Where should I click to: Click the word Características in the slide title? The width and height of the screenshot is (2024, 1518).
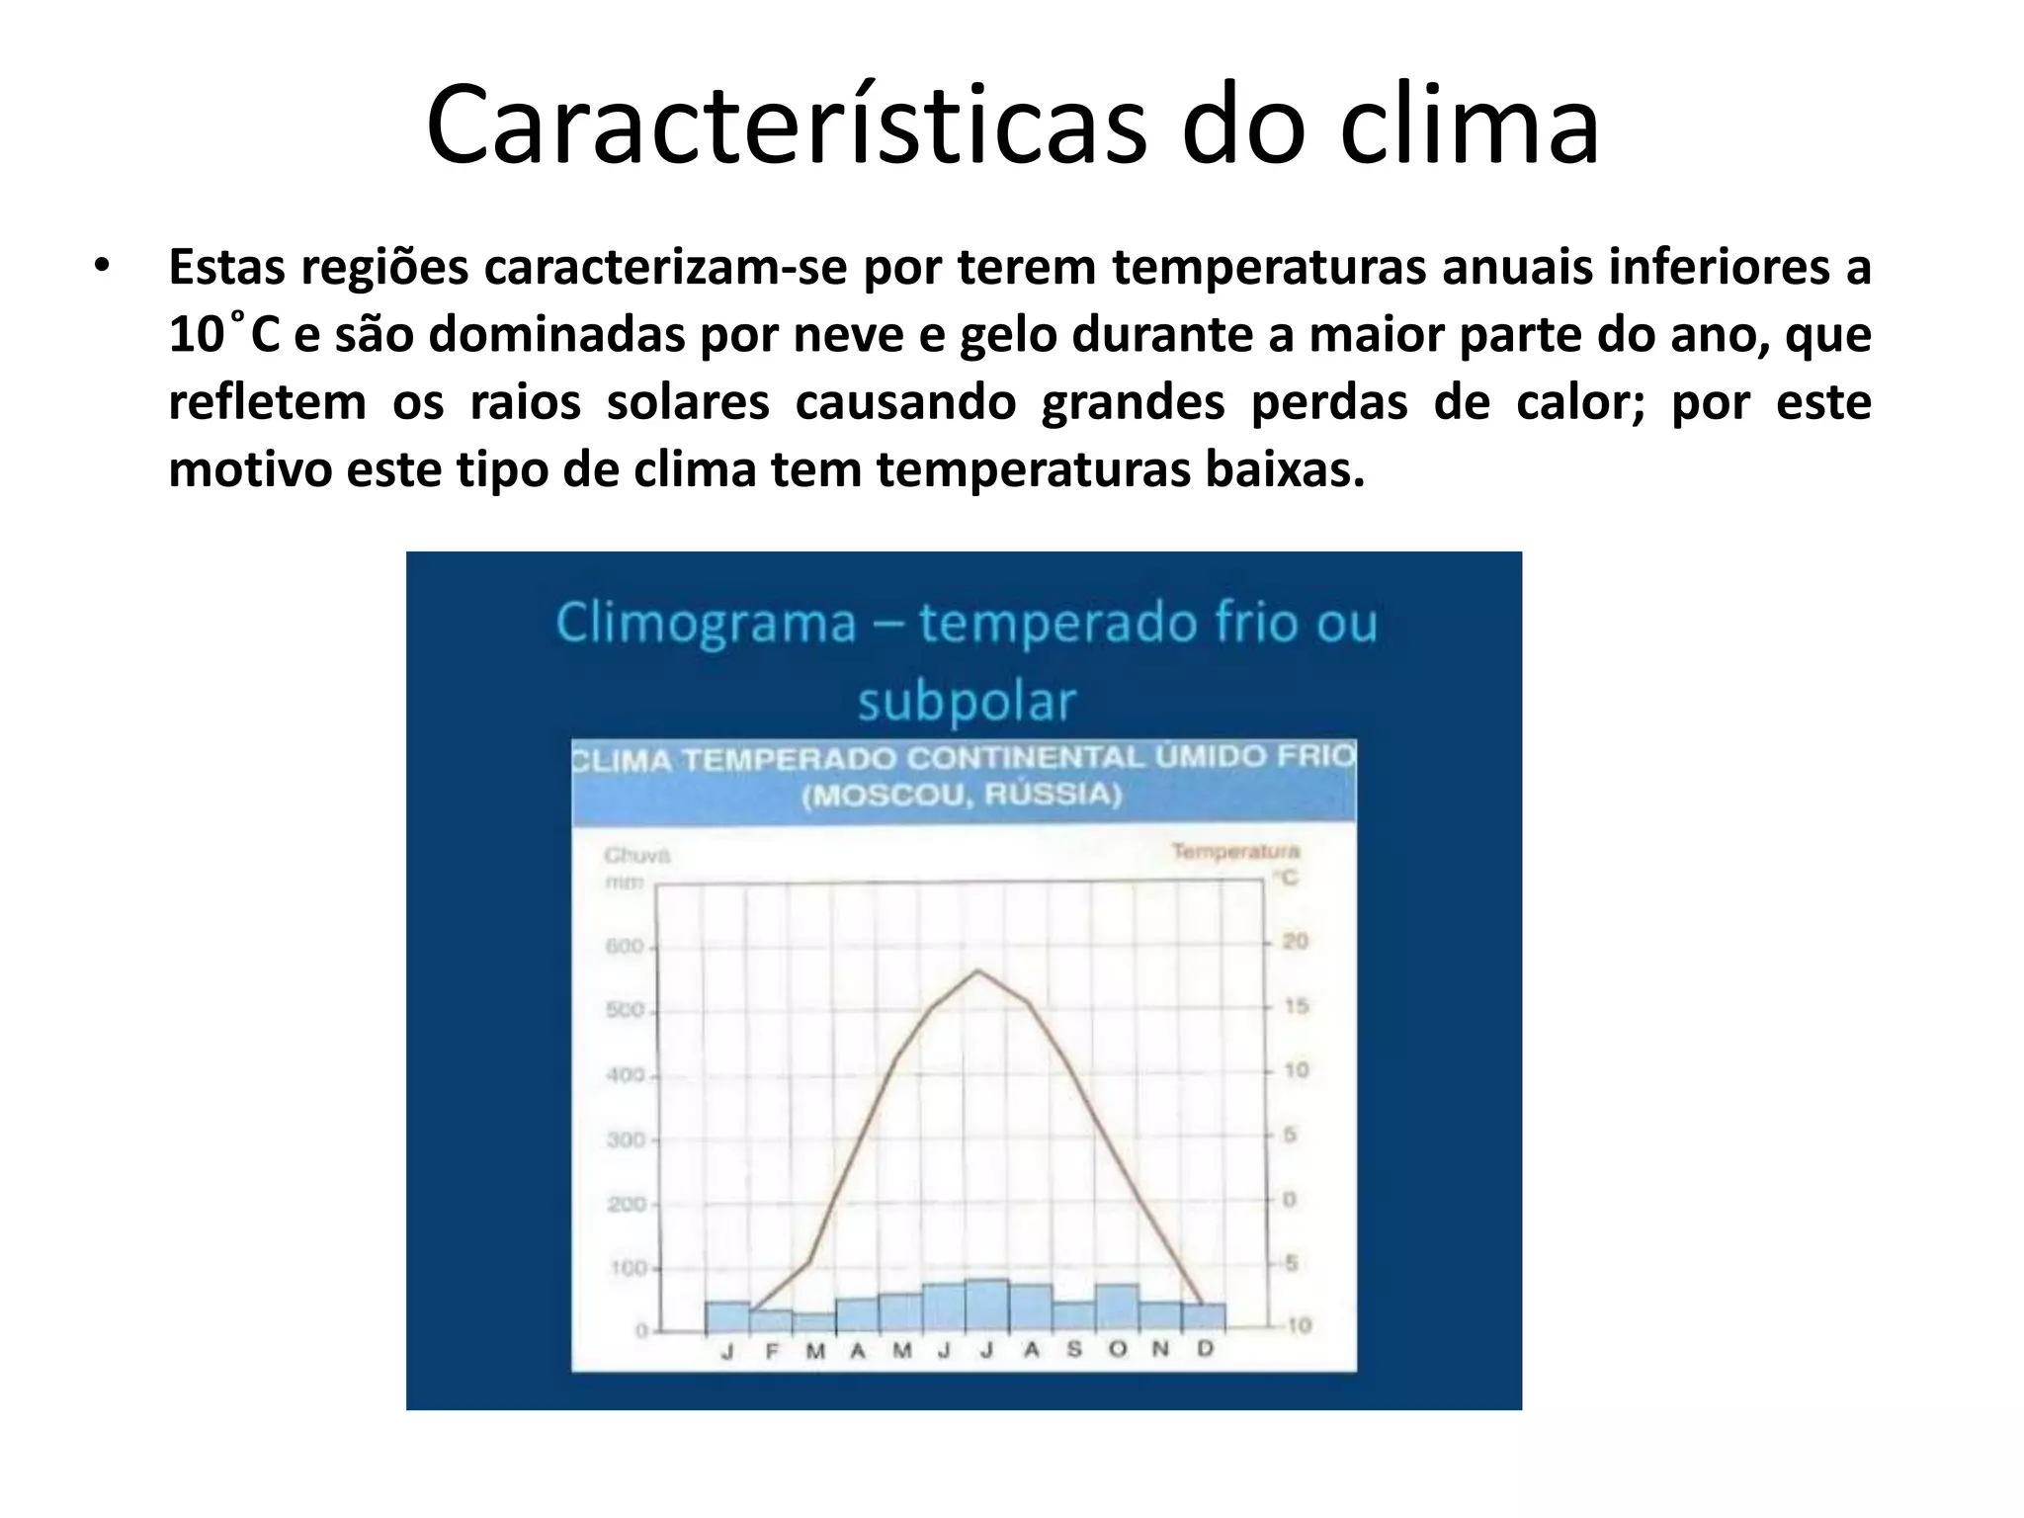click(787, 126)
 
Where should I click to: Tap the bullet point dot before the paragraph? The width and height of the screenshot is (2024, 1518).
click(102, 267)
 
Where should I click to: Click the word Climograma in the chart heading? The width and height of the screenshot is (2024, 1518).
click(706, 624)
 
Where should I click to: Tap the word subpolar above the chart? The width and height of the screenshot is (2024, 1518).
click(966, 702)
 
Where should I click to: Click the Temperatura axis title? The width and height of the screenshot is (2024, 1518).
click(1235, 851)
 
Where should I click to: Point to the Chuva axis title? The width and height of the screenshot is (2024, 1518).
click(637, 856)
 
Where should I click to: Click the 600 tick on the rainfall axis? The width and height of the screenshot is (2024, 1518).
click(624, 947)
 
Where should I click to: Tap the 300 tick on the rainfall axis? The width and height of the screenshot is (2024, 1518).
click(625, 1139)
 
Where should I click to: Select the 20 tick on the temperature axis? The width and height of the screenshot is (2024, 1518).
click(1295, 942)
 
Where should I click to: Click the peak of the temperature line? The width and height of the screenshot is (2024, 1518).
click(977, 970)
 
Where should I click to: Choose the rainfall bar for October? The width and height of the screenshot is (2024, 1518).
click(1117, 1307)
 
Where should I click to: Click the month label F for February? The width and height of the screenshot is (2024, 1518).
click(772, 1351)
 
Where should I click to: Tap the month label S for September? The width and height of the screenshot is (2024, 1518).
click(1074, 1350)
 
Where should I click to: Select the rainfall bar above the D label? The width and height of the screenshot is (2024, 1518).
click(1204, 1317)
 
